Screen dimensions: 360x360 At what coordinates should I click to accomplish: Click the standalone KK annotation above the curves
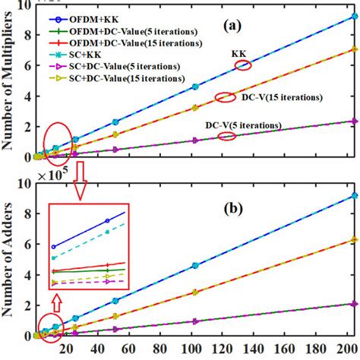click(241, 55)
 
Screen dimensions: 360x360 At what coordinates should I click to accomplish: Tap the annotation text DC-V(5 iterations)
click(251, 125)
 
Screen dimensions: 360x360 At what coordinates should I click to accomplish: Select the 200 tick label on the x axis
click(346, 350)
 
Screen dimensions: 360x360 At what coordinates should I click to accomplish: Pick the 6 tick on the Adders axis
click(29, 245)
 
